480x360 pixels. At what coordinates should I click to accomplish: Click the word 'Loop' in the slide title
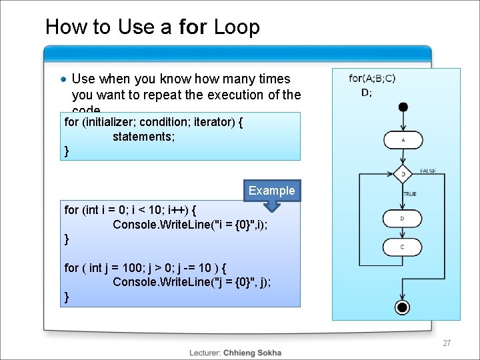[237, 27]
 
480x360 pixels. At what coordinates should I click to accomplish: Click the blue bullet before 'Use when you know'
[63, 79]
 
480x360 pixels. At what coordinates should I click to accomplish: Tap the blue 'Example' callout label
[271, 191]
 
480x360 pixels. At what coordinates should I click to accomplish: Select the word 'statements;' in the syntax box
[144, 137]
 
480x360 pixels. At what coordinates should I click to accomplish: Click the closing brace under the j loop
[66, 297]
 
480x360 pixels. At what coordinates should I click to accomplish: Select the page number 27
[447, 343]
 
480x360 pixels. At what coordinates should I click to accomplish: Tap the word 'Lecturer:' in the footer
[205, 353]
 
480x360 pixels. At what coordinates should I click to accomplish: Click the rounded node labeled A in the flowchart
[403, 140]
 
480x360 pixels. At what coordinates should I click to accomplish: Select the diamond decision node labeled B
[403, 175]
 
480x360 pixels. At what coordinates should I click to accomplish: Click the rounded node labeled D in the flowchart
[403, 219]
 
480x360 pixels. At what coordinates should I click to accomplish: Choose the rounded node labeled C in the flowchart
[403, 247]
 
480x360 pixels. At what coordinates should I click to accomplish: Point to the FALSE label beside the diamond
[428, 171]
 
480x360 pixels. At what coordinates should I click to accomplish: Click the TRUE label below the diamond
[410, 194]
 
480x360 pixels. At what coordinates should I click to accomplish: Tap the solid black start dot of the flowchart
[403, 107]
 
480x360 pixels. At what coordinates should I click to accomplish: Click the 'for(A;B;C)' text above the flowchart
[372, 79]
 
